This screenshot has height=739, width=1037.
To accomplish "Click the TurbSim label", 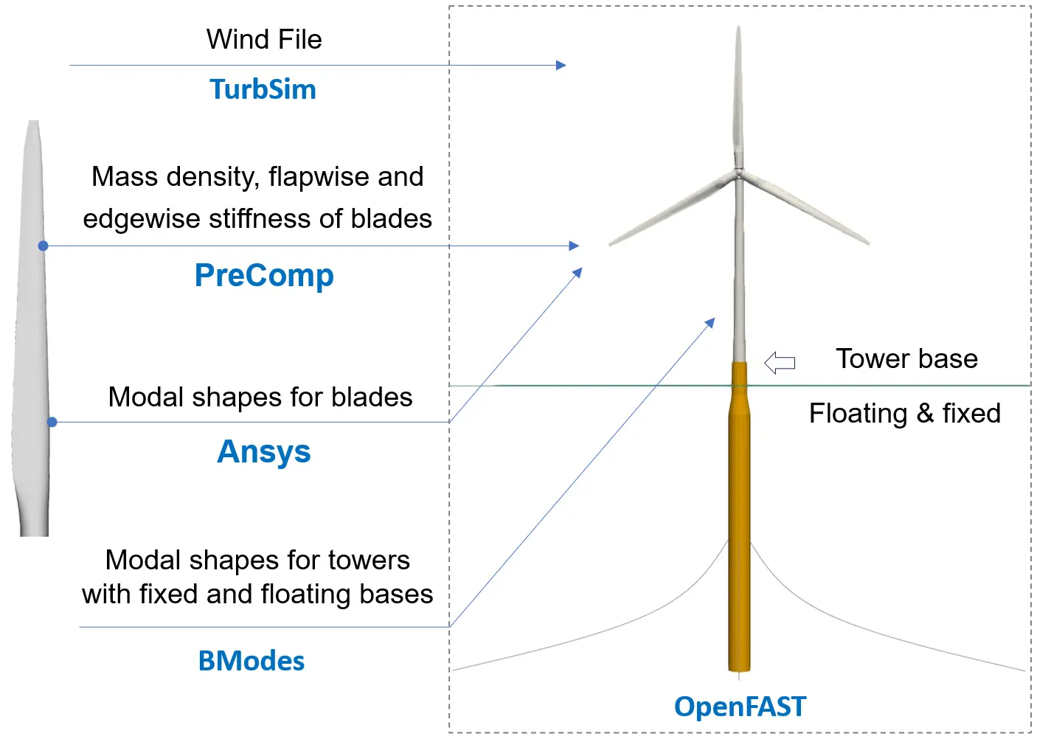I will pos(263,89).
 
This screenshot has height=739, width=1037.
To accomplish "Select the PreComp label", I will pos(264,275).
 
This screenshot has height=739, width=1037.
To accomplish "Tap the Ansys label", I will pos(264,451).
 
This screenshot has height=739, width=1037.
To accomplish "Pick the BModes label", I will pos(252,661).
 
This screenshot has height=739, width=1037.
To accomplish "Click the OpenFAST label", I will pos(740,707).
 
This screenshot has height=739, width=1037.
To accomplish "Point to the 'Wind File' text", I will pos(264,39).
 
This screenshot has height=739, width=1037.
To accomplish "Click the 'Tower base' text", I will pos(906,358).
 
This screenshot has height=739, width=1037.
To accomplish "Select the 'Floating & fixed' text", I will pos(904,413).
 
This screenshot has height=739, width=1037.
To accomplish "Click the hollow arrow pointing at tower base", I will pos(780,362).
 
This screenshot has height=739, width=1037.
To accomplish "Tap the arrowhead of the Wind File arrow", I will pos(561,65).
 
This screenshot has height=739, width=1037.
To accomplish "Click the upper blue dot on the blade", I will pos(44,246).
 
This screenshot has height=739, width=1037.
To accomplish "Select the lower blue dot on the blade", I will pos(52,422).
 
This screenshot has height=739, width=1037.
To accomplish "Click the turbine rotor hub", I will pos(738,174).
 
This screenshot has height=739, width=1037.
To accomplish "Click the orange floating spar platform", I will pos(739,516).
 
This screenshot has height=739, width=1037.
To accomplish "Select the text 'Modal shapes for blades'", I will pos(260,397).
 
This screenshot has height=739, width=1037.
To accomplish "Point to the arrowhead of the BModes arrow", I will pos(711,322).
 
